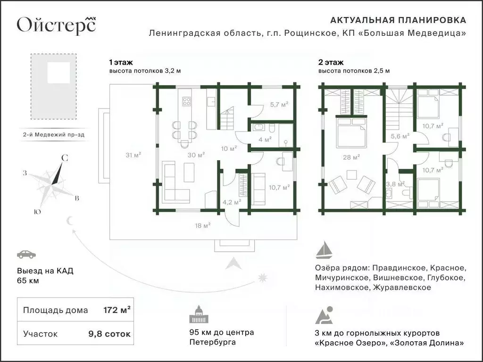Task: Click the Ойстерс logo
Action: tap(56, 24)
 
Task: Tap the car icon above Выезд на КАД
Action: tap(26, 255)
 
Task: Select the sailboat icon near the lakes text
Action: tap(325, 250)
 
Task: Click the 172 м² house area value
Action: tap(117, 310)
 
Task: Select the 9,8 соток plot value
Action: tap(109, 334)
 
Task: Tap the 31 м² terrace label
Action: tap(133, 154)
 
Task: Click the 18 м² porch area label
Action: tap(202, 225)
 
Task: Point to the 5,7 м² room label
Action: tap(279, 105)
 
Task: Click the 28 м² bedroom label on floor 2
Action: tap(352, 156)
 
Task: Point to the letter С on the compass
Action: tap(65, 159)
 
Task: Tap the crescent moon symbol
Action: tap(71, 221)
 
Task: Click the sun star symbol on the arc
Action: tap(262, 278)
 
